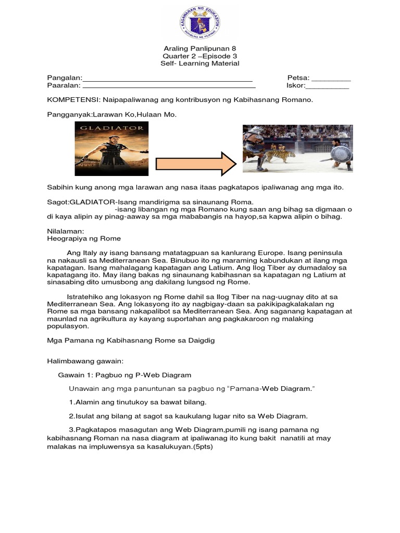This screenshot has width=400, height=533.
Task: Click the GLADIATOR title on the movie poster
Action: coord(112,127)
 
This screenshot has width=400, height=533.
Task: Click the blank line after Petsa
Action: coord(331,81)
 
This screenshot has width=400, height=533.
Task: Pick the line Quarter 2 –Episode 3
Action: coord(200,56)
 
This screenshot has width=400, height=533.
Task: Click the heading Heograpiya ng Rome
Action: coord(84,238)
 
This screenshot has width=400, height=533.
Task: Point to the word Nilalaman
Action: coord(62,231)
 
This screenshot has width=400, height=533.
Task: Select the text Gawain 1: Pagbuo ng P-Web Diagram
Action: coord(125,375)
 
